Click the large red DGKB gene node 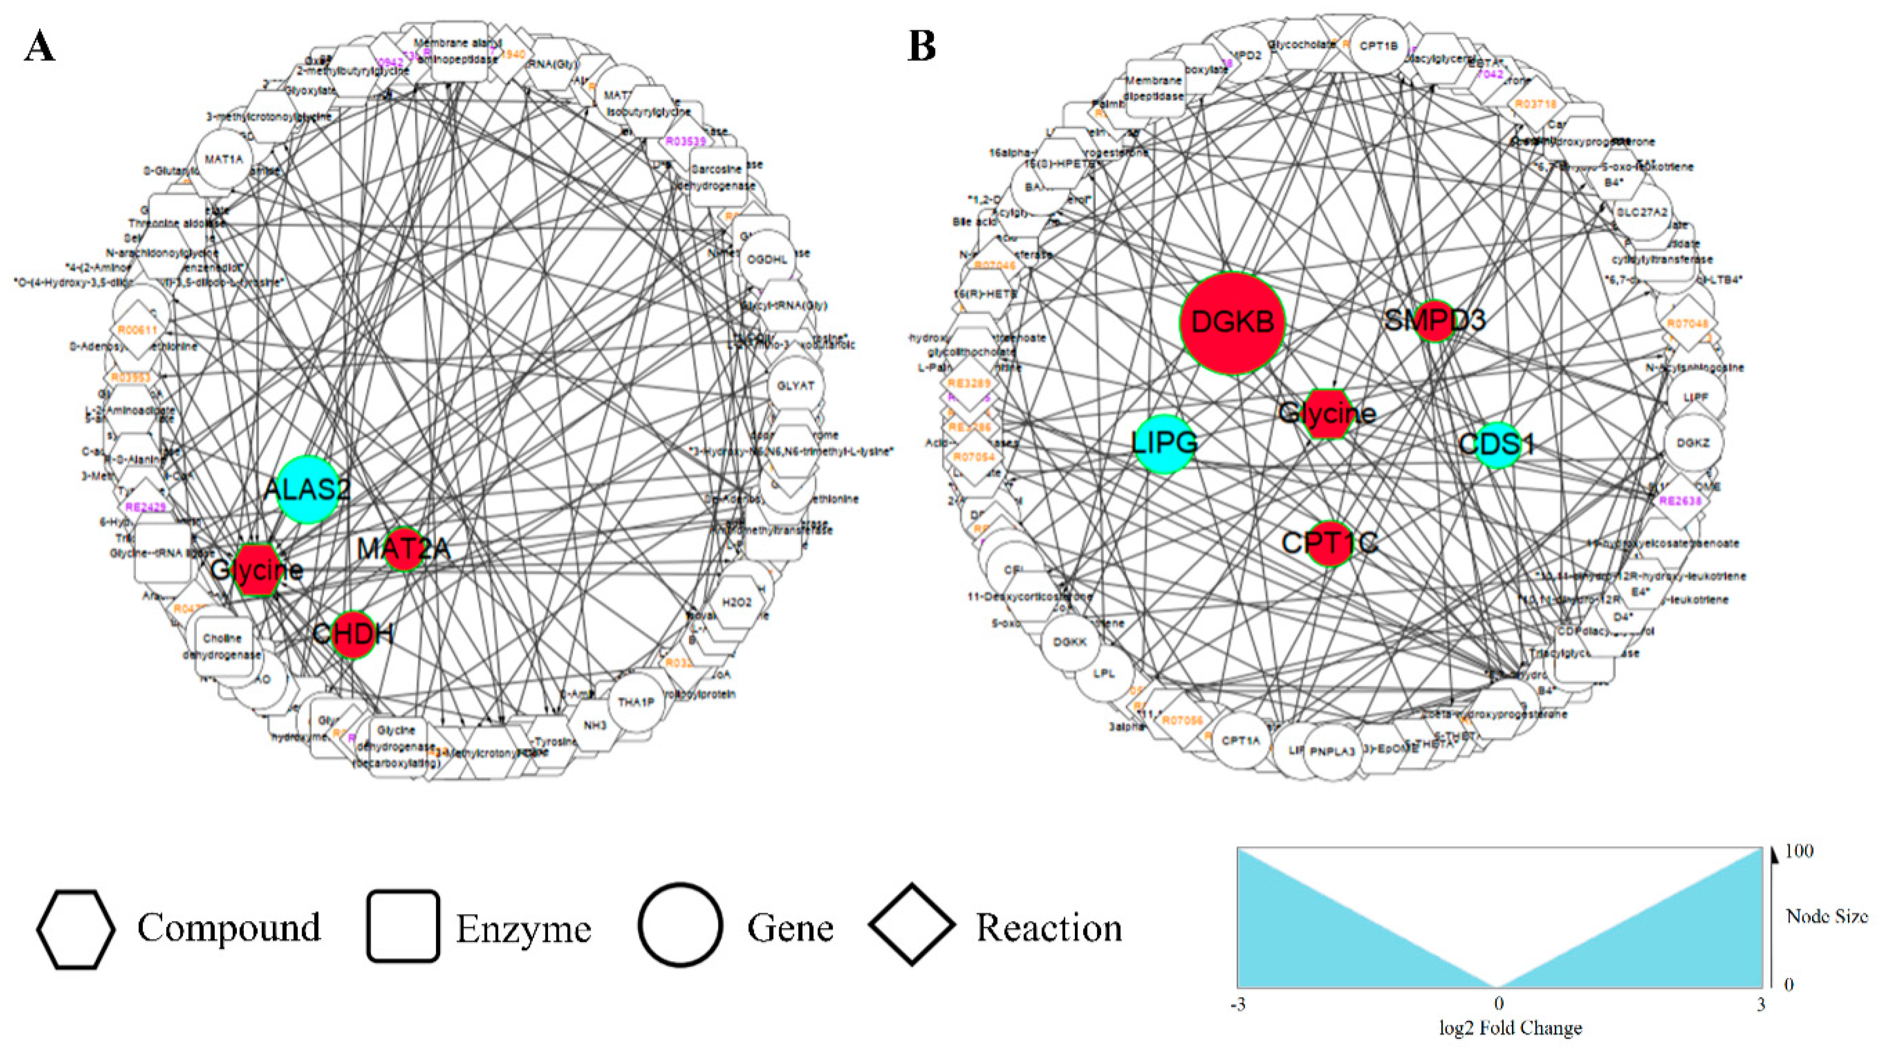point(1232,323)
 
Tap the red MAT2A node point(403,549)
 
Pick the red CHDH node point(353,634)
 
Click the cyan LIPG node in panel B point(1165,443)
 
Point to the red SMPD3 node point(1435,320)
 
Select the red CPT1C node point(1330,542)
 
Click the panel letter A point(40,48)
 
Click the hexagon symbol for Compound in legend point(76,929)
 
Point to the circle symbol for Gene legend point(680,925)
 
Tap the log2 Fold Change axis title point(1510,1028)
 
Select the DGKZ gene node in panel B point(1692,443)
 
